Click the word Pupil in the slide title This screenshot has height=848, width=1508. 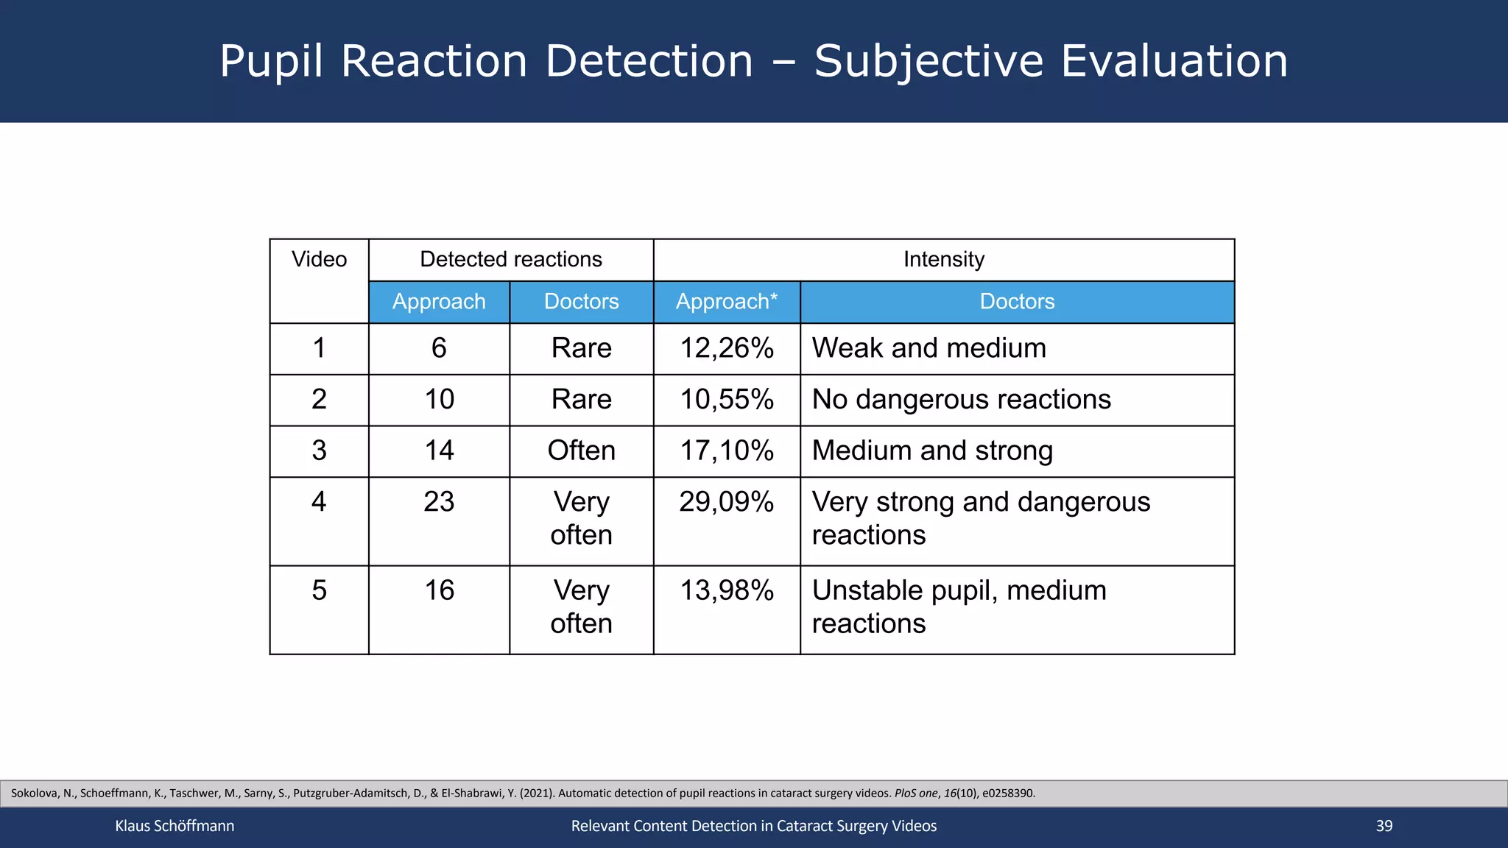(x=271, y=61)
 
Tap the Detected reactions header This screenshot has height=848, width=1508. (x=510, y=260)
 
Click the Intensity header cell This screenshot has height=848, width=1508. (x=943, y=260)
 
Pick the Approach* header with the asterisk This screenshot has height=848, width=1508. (x=726, y=302)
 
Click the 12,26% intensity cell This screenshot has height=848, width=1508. (x=726, y=348)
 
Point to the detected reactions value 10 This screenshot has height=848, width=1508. (x=439, y=400)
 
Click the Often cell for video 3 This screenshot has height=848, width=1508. (x=581, y=451)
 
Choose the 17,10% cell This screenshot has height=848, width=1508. (x=726, y=451)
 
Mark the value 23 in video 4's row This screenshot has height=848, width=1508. (x=439, y=502)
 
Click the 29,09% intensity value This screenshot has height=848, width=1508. (x=726, y=502)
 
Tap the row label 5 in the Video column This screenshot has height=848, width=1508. (x=319, y=590)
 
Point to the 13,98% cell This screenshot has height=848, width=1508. (x=726, y=590)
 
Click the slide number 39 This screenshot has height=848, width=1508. (x=1384, y=826)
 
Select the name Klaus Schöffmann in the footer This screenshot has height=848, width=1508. (x=175, y=826)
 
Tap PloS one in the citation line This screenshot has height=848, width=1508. (x=916, y=794)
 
